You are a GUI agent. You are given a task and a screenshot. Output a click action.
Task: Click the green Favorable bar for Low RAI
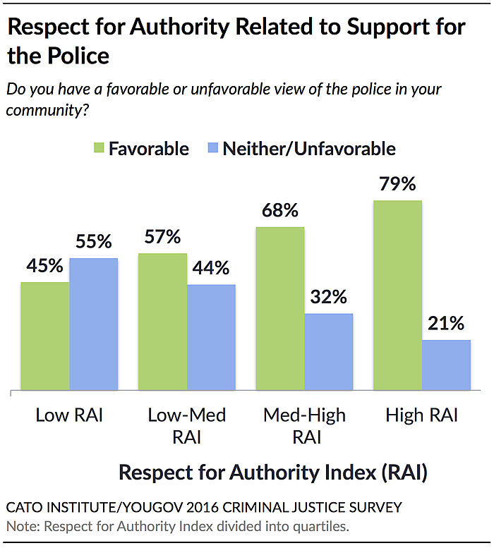click(45, 336)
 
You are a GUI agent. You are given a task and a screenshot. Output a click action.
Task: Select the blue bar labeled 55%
click(94, 324)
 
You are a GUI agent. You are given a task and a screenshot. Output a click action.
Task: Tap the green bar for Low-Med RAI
click(162, 322)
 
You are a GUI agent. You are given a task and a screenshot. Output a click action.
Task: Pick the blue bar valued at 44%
click(211, 337)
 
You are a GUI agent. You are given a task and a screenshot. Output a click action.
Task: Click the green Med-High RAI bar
click(280, 308)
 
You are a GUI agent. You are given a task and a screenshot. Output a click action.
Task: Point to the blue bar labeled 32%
click(329, 351)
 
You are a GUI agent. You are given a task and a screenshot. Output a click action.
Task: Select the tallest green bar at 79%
click(397, 295)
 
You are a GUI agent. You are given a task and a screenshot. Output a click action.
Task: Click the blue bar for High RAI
click(446, 365)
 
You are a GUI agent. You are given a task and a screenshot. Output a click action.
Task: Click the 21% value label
click(446, 324)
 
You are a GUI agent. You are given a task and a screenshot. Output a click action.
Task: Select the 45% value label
click(45, 267)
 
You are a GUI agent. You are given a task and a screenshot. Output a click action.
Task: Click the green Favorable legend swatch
click(97, 149)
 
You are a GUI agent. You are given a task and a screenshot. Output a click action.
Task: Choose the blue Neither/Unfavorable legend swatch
click(211, 149)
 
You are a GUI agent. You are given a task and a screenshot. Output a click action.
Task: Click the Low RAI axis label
click(69, 415)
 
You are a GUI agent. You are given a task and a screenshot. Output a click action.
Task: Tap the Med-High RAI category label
click(304, 425)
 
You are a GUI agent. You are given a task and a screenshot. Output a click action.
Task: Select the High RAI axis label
click(421, 415)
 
